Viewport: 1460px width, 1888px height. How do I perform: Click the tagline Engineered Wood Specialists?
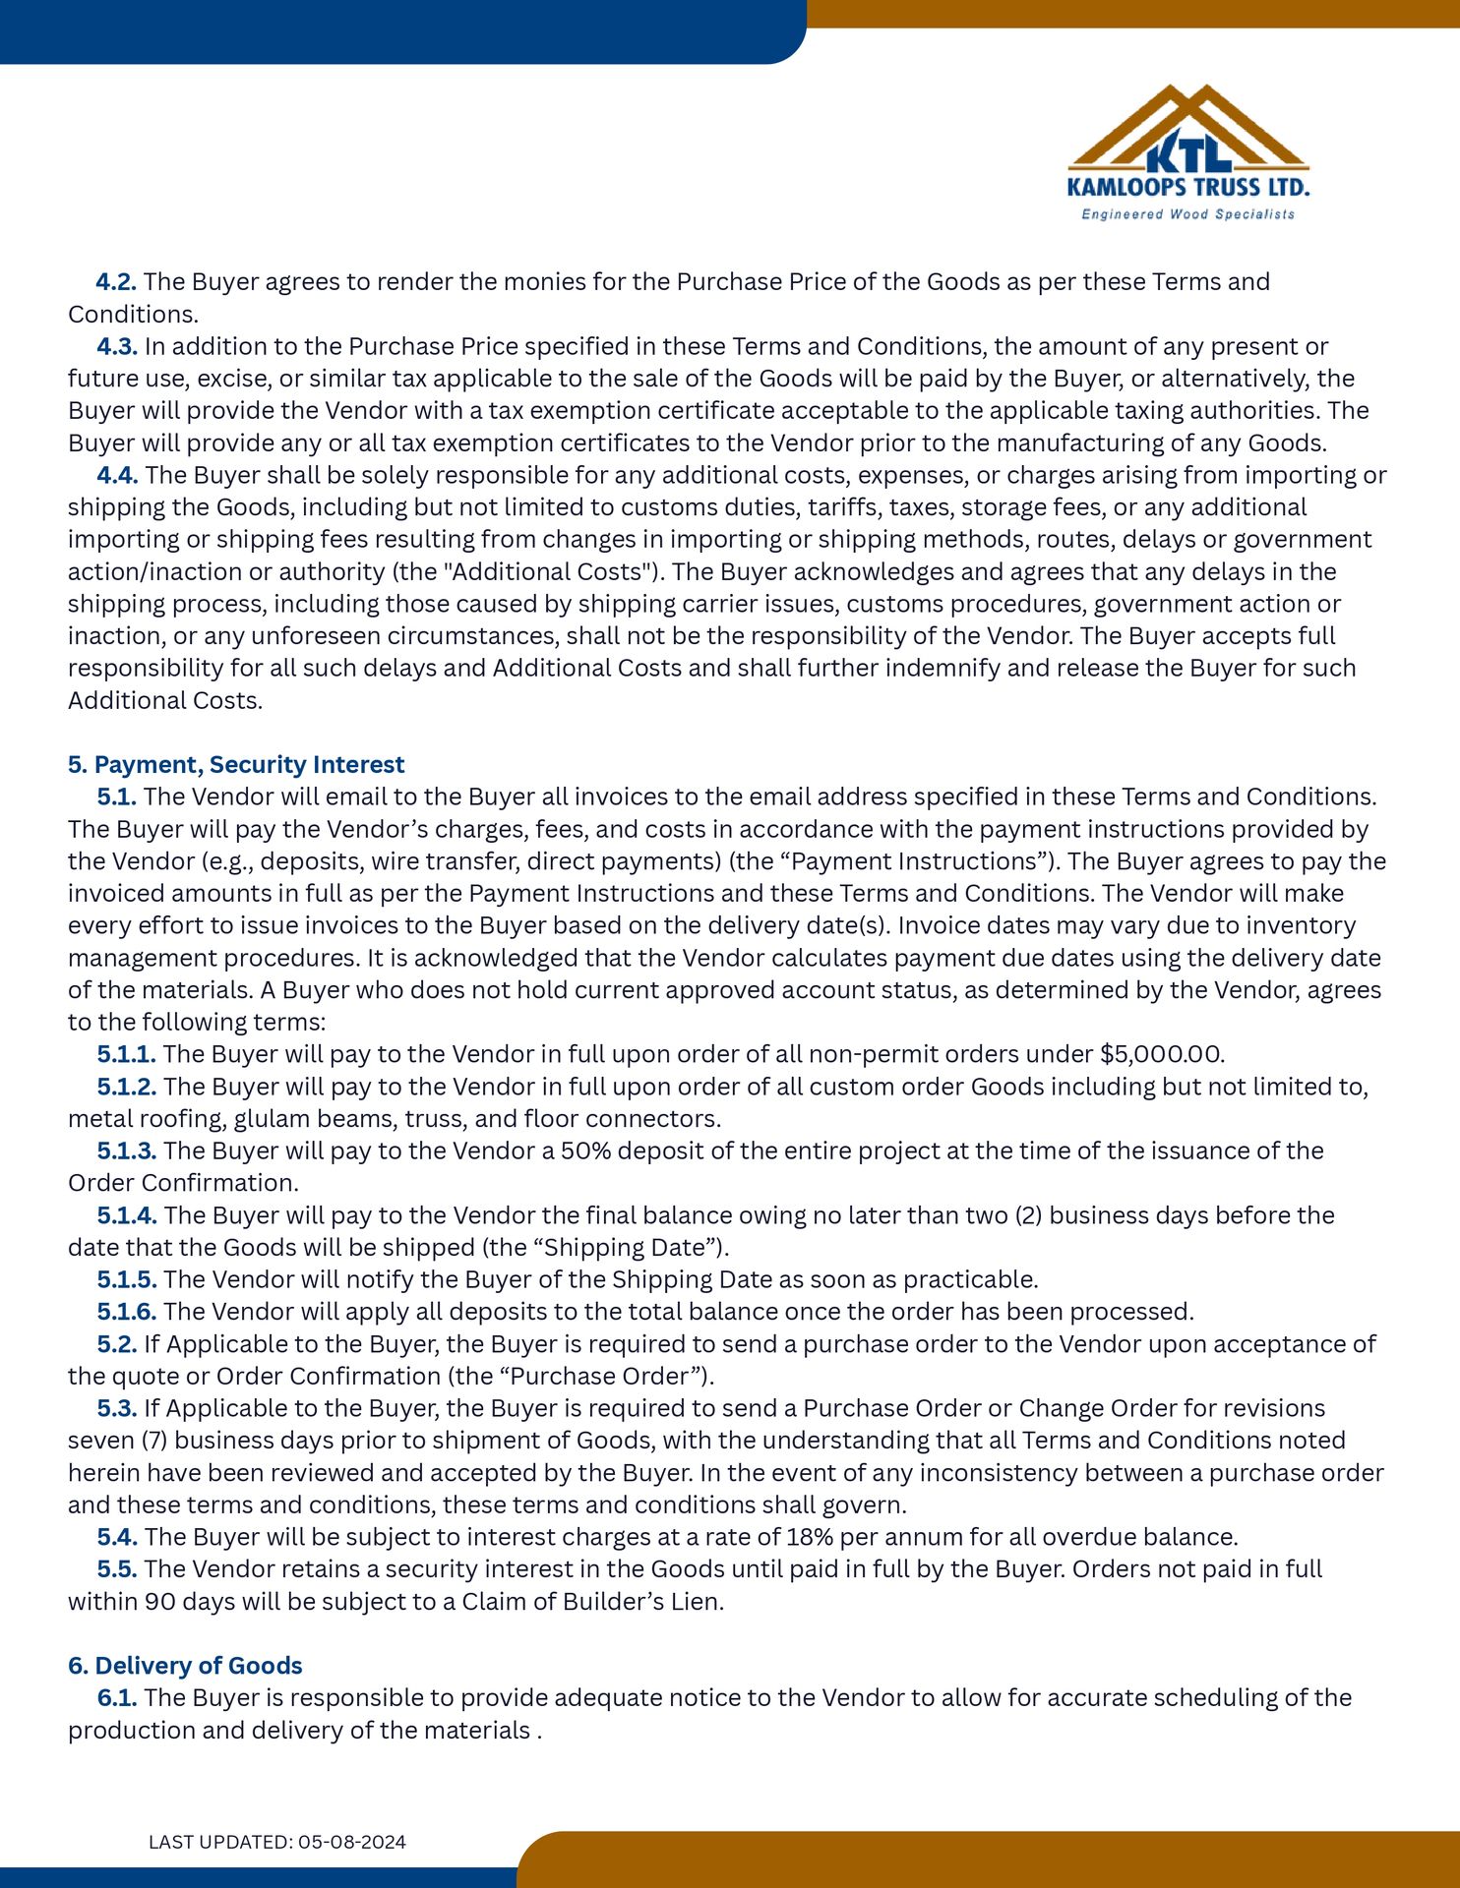tap(1187, 214)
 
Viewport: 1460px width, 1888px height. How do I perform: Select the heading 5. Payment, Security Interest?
tap(236, 765)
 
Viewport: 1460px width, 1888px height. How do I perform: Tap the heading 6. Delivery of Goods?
tap(185, 1666)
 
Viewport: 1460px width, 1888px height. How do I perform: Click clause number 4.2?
tap(116, 282)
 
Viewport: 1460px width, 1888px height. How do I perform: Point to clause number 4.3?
tap(116, 347)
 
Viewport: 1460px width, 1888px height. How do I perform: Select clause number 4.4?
tap(116, 476)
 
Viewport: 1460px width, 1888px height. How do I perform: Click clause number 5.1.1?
tap(126, 1055)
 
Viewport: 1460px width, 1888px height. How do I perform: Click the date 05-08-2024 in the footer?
tap(352, 1842)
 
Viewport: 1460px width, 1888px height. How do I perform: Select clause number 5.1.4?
tap(126, 1215)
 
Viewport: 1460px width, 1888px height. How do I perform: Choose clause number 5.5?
tap(116, 1569)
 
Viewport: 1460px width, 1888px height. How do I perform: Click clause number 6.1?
tap(116, 1698)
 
